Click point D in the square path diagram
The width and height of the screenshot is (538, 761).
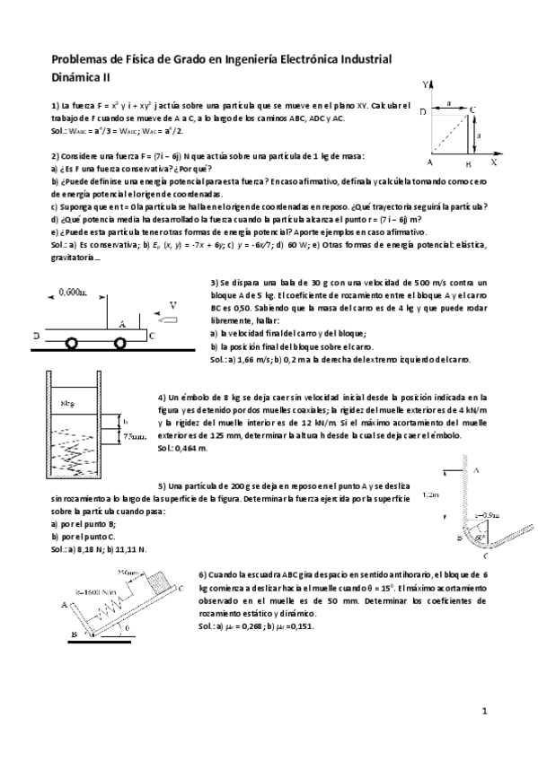coord(423,111)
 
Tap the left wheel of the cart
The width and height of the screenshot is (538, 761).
coord(68,342)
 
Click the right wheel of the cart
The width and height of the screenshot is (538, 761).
coord(120,342)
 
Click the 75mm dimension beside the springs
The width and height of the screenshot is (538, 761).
coord(134,436)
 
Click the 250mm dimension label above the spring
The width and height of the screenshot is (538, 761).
coord(129,572)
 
